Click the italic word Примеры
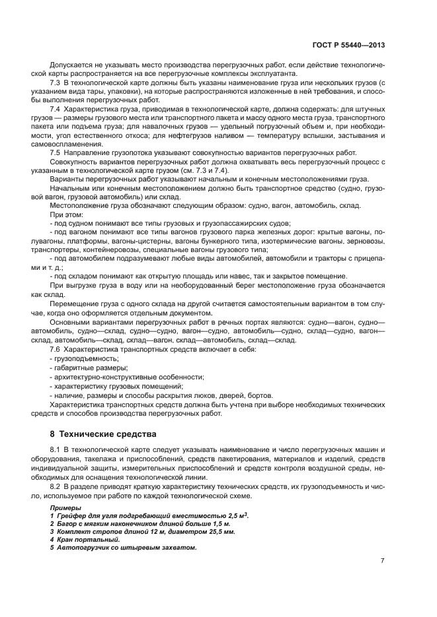64,507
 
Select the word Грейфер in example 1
70,515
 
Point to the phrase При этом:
67,215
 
